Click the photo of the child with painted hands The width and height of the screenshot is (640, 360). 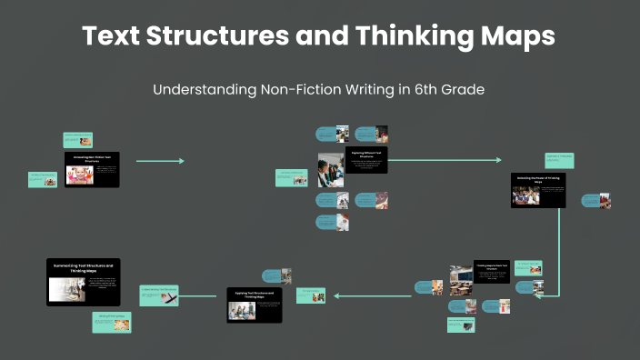pyautogui.click(x=79, y=174)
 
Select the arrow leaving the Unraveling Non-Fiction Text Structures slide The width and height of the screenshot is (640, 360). pyautogui.click(x=160, y=161)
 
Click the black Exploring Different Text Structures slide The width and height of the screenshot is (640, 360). pyautogui.click(x=365, y=161)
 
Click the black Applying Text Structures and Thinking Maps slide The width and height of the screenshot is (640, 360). pyautogui.click(x=254, y=305)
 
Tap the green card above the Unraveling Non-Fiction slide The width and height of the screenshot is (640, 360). pyautogui.click(x=77, y=139)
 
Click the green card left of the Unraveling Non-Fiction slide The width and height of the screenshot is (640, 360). pyautogui.click(x=43, y=179)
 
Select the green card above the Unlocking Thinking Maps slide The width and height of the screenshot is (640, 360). pyautogui.click(x=558, y=160)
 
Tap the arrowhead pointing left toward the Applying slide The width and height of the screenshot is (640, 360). pyautogui.click(x=336, y=295)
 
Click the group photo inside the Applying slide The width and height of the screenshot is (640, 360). pyautogui.click(x=240, y=309)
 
